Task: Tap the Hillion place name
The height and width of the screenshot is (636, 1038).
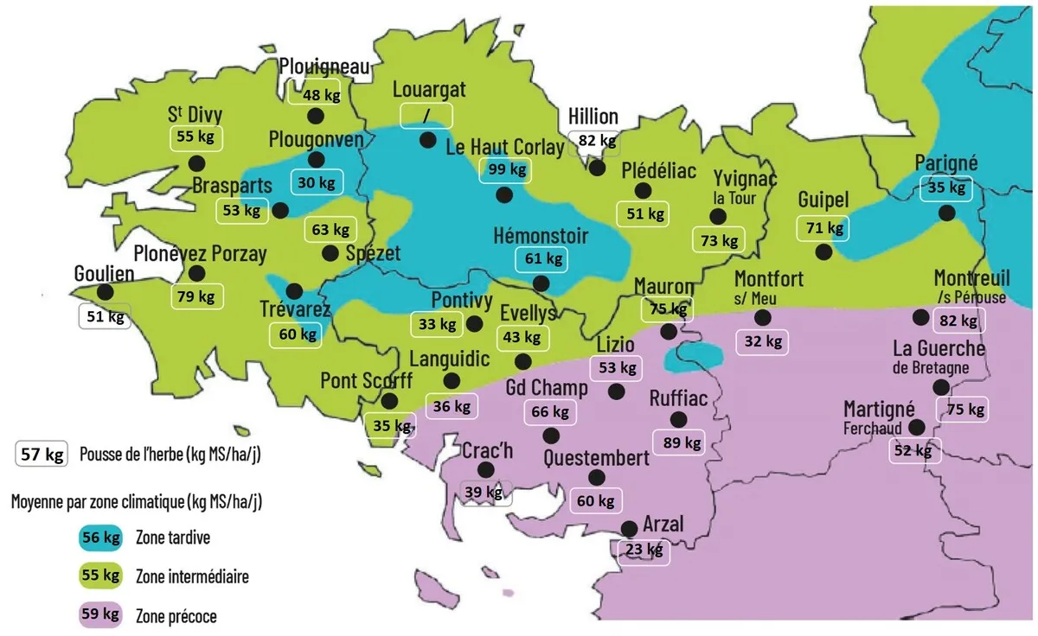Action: pyautogui.click(x=593, y=117)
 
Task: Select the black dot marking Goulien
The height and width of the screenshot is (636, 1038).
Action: pyautogui.click(x=105, y=292)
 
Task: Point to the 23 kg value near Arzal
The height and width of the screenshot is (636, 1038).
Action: pyautogui.click(x=643, y=550)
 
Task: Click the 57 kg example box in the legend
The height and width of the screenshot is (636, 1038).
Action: pyautogui.click(x=41, y=455)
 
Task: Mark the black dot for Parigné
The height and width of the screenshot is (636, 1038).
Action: pyautogui.click(x=947, y=213)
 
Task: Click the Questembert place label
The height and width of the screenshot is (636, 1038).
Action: pyautogui.click(x=596, y=457)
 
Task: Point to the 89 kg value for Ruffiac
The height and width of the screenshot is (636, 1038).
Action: pyautogui.click(x=681, y=442)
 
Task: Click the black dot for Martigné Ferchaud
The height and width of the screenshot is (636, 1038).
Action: pyautogui.click(x=917, y=427)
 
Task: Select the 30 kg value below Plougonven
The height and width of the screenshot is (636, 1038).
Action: pyautogui.click(x=316, y=182)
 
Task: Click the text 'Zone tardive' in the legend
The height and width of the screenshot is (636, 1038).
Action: pyautogui.click(x=172, y=537)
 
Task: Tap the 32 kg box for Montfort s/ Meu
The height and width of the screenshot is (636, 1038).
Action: pyautogui.click(x=762, y=340)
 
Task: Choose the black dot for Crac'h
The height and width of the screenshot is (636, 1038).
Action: pyautogui.click(x=485, y=469)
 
